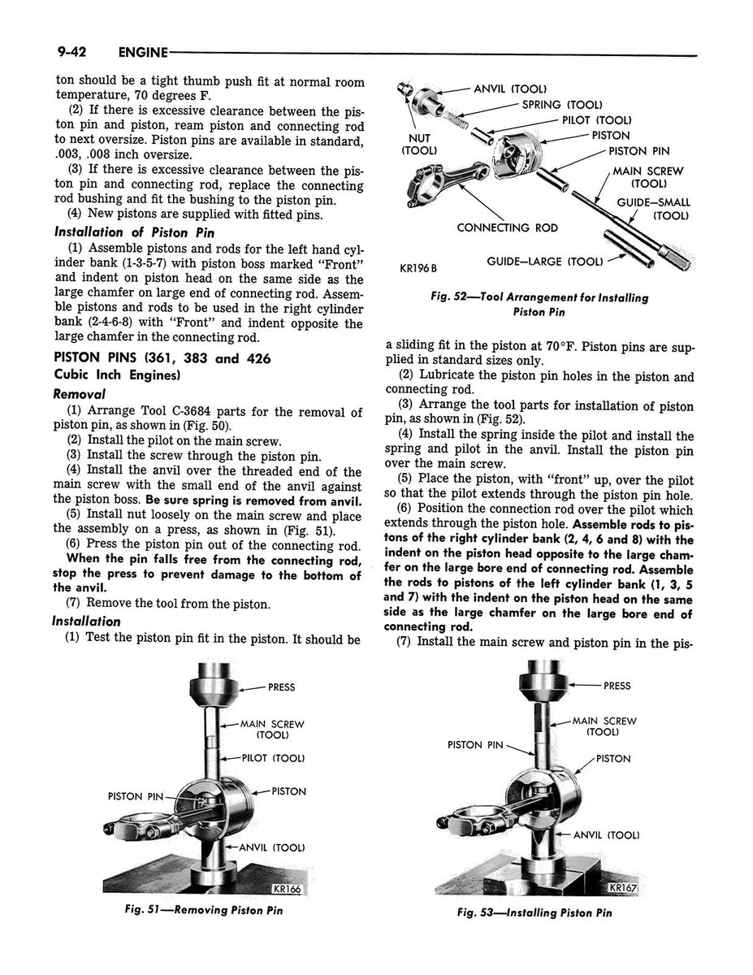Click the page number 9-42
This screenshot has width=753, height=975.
[x=72, y=52]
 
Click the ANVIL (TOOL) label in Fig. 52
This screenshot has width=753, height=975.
[x=509, y=89]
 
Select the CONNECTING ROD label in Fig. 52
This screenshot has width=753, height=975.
[x=507, y=227]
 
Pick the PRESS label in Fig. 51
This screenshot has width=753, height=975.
[x=281, y=687]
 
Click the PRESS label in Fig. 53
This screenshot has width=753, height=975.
[x=617, y=686]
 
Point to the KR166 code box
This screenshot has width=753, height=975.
[x=288, y=889]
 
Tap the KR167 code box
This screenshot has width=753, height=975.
[x=624, y=888]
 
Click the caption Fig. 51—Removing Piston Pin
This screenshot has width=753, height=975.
[x=201, y=909]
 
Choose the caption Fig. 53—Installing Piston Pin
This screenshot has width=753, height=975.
[x=534, y=912]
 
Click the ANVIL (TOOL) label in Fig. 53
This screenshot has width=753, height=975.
[x=606, y=834]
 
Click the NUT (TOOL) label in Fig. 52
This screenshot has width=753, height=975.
[x=420, y=144]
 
